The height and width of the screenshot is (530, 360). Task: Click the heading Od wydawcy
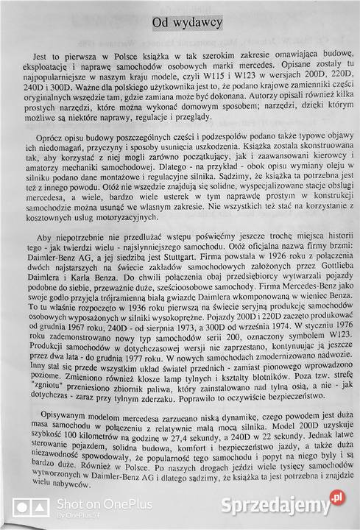pyautogui.click(x=187, y=24)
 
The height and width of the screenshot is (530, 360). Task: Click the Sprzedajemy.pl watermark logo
pyautogui.click(x=292, y=506)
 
